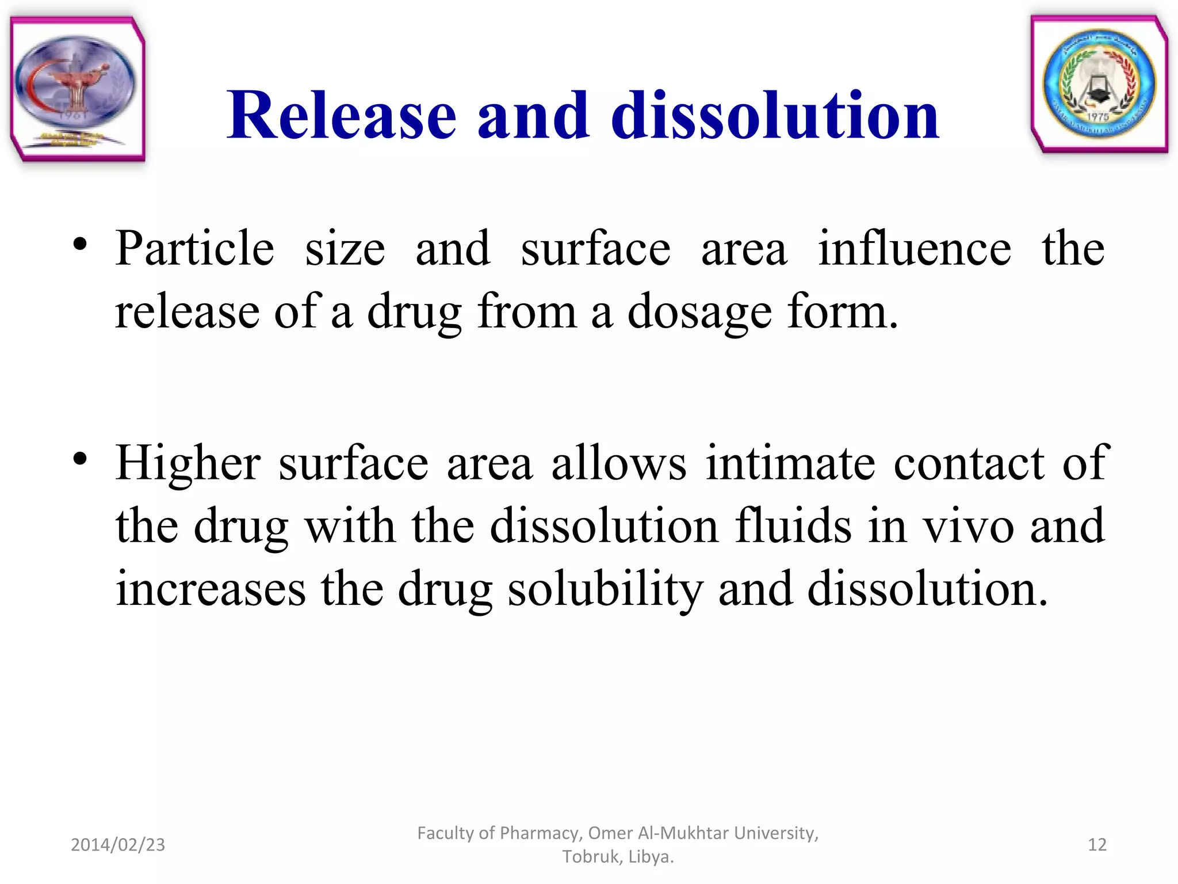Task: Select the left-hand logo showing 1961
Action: (x=77, y=89)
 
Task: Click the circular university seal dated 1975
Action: (x=1099, y=85)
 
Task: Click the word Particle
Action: (x=195, y=249)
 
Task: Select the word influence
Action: (x=915, y=249)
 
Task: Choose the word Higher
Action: (x=188, y=463)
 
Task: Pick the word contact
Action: (x=969, y=463)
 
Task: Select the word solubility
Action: (x=605, y=589)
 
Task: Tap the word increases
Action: (x=211, y=589)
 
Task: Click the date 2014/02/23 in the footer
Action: (x=118, y=844)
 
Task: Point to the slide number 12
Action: (x=1097, y=844)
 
